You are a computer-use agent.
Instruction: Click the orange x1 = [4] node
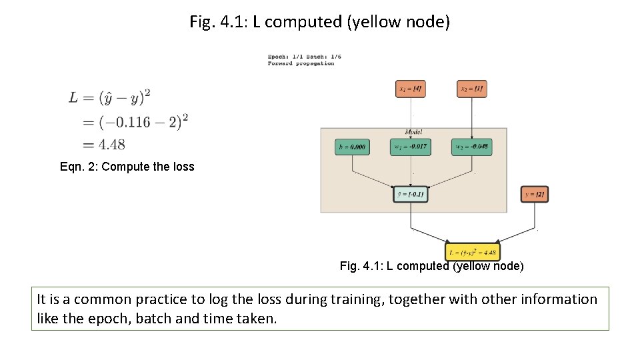[410, 89]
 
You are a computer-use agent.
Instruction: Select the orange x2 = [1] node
[471, 89]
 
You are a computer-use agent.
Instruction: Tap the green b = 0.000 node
[352, 147]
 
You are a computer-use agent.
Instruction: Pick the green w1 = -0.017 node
[410, 147]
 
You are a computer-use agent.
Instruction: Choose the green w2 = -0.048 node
[471, 147]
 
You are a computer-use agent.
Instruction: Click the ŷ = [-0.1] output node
[410, 195]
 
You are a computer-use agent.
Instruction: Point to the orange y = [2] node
[534, 195]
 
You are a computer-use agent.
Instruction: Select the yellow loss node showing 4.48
[472, 253]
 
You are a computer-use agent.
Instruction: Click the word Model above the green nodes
[413, 132]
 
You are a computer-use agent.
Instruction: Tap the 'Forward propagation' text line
[301, 64]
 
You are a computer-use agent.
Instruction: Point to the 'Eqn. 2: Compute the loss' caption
[127, 167]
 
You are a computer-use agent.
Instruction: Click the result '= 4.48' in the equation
[103, 144]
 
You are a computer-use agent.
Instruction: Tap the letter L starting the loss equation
[73, 98]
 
